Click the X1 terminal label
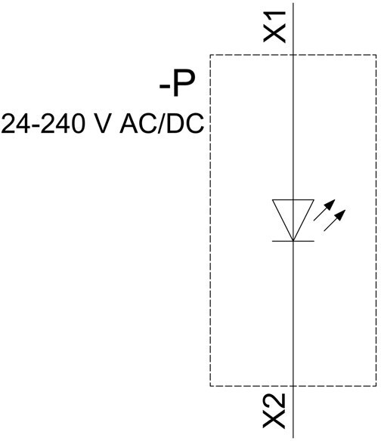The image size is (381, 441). (274, 27)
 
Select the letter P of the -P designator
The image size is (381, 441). (184, 84)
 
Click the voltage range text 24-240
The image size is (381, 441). (43, 124)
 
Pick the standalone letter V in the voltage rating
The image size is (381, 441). (100, 124)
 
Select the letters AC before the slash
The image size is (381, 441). (139, 124)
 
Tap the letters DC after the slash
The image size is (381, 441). (184, 124)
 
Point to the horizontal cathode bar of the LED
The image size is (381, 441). (293, 241)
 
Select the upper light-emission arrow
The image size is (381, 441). (324, 210)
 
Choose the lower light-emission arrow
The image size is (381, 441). (335, 220)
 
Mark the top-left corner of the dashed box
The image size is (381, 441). (210, 55)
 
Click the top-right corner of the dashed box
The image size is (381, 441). (376, 55)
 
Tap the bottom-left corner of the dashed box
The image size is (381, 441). (210, 386)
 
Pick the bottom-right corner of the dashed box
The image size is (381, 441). (376, 386)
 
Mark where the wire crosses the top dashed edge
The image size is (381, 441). (293, 55)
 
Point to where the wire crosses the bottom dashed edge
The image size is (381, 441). (293, 386)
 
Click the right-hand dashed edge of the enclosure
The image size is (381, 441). (376, 220)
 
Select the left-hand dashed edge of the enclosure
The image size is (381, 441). (210, 220)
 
